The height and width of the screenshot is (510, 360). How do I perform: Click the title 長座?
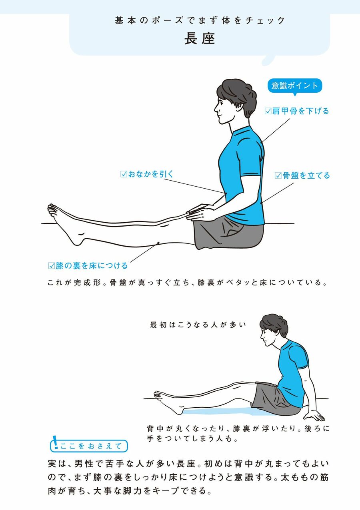200,39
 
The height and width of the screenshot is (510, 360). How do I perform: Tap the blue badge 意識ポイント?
295,86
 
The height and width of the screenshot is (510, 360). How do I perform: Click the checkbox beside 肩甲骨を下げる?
268,111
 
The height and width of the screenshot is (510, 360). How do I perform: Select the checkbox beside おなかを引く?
124,174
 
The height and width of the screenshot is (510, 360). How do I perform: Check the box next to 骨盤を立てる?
278,175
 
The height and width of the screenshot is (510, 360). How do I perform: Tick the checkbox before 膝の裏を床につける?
52,266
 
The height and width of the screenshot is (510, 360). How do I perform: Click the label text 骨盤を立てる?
306,175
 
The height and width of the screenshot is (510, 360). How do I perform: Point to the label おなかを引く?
151,174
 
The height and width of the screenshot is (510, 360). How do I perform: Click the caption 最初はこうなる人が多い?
198,325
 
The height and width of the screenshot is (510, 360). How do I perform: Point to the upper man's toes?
52,209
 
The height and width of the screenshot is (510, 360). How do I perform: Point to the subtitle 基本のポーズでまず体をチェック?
200,20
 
